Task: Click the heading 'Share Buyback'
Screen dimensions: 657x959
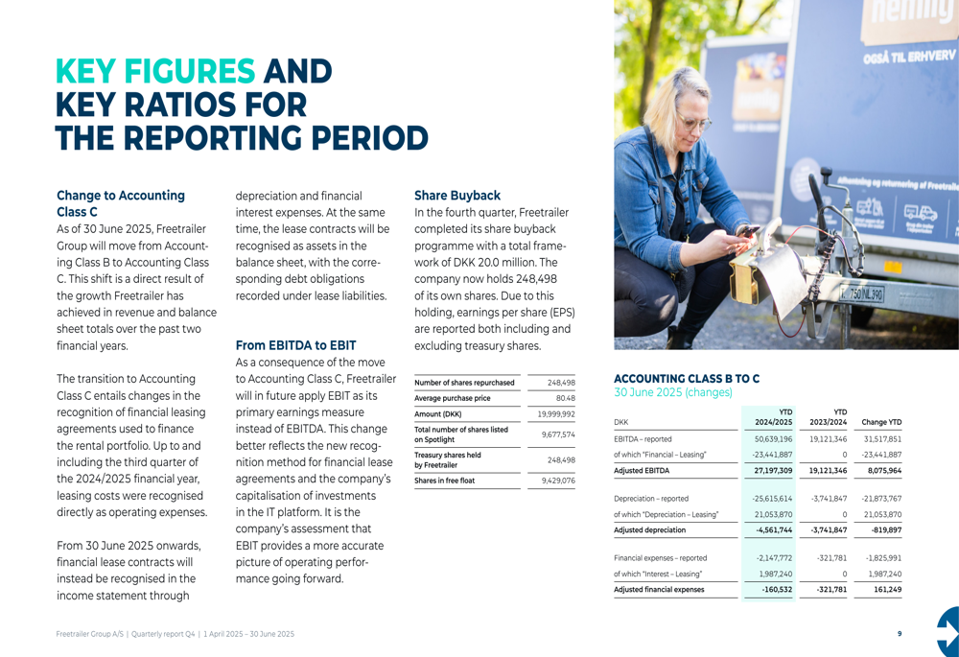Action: (x=457, y=195)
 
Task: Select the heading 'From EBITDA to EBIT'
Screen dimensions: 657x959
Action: (x=295, y=344)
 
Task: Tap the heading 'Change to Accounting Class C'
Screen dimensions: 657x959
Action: (x=121, y=202)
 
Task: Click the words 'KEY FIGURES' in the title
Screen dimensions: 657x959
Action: (x=155, y=72)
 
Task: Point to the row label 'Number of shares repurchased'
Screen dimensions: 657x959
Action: (x=464, y=383)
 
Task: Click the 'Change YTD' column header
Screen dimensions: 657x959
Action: (x=881, y=422)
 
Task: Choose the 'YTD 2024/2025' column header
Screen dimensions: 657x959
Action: (x=773, y=416)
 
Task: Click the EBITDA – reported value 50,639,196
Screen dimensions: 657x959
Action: (x=773, y=438)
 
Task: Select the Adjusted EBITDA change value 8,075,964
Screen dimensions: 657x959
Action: (x=881, y=471)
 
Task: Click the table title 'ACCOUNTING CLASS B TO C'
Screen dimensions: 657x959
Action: (x=687, y=379)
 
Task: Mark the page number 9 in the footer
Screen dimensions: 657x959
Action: (x=899, y=634)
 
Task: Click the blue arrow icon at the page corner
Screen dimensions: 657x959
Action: (x=947, y=632)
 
